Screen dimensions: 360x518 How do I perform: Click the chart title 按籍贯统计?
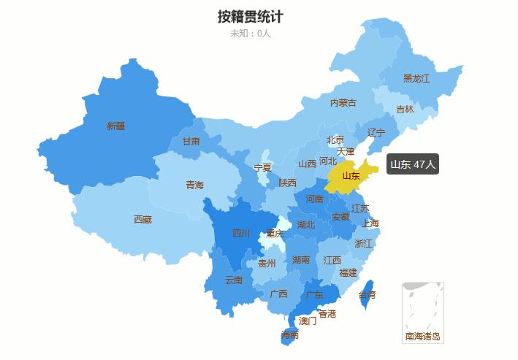click(250, 16)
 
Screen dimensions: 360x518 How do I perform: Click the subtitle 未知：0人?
click(250, 33)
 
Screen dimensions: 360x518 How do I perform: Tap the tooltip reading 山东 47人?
click(413, 164)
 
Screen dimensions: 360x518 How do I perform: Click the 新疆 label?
click(115, 126)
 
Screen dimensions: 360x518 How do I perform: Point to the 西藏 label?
click(142, 219)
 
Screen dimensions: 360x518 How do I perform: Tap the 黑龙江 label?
click(416, 78)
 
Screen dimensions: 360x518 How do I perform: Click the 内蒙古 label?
click(343, 103)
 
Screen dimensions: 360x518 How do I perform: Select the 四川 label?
click(241, 234)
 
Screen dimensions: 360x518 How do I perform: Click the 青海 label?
click(194, 185)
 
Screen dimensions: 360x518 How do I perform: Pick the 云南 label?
click(233, 280)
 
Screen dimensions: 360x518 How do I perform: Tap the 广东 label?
click(315, 294)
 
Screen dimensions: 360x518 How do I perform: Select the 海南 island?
click(290, 335)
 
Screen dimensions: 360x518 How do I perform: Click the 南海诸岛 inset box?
click(423, 313)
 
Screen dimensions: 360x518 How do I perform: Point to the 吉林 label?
click(405, 110)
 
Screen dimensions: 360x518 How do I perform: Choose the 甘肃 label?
click(191, 141)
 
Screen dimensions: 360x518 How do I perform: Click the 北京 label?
click(335, 139)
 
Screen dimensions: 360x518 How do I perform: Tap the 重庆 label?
click(275, 234)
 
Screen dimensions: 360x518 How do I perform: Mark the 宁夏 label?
click(262, 167)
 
